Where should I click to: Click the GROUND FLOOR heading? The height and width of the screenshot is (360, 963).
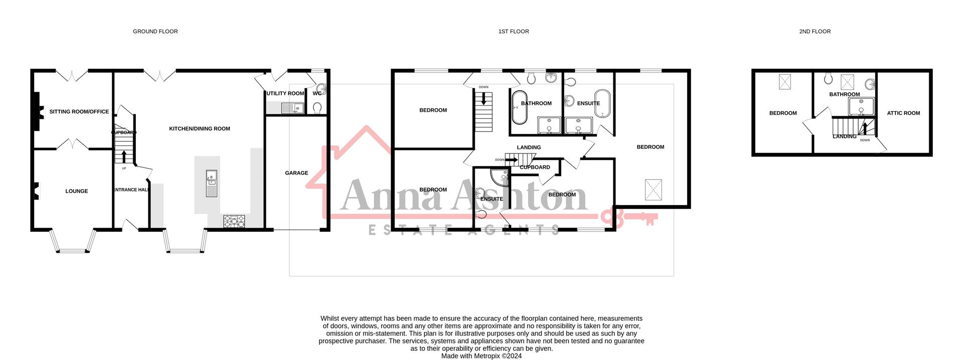155,31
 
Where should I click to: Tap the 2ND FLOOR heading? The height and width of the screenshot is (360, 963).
815,31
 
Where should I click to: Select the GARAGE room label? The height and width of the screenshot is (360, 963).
296,173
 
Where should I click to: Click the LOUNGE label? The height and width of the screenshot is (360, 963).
76,191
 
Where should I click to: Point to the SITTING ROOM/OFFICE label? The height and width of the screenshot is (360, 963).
79,112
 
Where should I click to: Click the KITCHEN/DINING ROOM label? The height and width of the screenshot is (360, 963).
199,129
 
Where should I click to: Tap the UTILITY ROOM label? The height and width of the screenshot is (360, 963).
285,93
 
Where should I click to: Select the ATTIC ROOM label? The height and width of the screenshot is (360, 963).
903,113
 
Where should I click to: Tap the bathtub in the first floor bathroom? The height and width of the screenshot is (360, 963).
519,107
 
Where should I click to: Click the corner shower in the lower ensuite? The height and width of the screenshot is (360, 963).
500,177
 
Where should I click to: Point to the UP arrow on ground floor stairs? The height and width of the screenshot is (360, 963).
124,156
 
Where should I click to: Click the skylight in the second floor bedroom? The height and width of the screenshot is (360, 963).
785,82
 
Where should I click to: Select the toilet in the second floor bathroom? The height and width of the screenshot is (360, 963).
828,79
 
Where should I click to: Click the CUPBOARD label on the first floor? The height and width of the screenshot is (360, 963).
535,167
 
